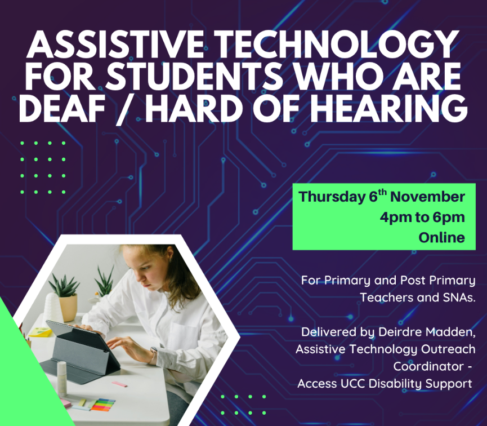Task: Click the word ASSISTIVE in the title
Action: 116,44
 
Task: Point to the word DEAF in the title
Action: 62,108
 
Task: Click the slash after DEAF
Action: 126,109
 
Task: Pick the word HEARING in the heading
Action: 390,108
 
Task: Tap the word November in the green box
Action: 427,197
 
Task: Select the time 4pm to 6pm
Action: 422,218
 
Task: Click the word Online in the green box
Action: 441,238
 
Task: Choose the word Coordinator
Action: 428,366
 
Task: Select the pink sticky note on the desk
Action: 119,384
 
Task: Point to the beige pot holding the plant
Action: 68,307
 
